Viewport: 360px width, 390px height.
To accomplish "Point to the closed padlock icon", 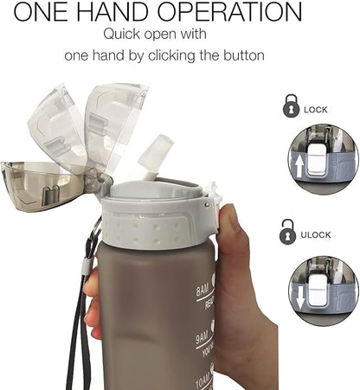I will [x=288, y=108].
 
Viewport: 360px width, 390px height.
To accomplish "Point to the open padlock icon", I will [x=288, y=231].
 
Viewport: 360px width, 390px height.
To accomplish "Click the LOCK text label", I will [x=316, y=110].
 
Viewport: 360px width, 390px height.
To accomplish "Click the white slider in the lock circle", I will [x=325, y=159].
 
